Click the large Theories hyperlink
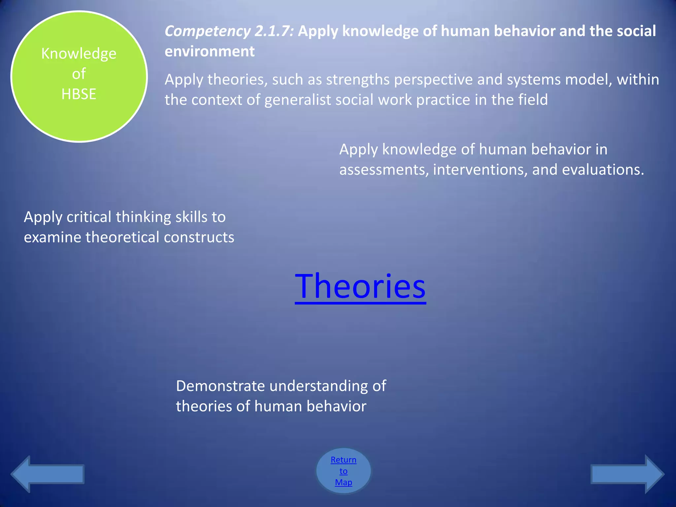point(360,287)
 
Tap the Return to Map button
point(343,471)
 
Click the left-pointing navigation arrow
point(48,474)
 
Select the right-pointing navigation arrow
point(627,474)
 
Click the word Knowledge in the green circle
point(79,54)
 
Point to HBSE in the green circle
point(79,94)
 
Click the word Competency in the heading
point(208,31)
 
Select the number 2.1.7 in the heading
point(274,31)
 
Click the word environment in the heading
point(210,51)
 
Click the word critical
point(88,217)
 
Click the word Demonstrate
point(220,386)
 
